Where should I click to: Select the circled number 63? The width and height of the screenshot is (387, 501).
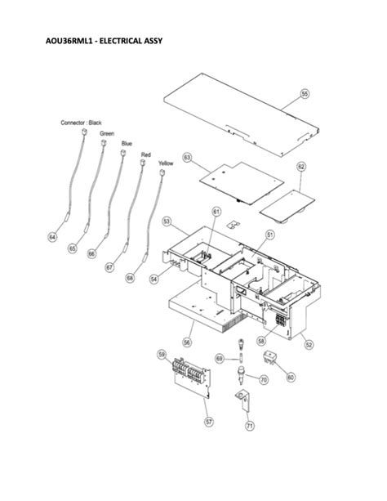tap(186, 156)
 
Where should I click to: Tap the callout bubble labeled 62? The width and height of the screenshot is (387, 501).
tap(301, 166)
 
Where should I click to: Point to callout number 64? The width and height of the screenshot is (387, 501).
tap(52, 237)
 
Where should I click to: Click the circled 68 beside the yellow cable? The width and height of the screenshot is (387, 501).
tap(130, 278)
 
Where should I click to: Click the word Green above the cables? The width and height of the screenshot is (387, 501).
tap(107, 132)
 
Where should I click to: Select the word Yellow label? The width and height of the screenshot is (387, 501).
tap(166, 163)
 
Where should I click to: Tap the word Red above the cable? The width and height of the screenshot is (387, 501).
tap(145, 154)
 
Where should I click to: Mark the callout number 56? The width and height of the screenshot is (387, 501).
tap(187, 342)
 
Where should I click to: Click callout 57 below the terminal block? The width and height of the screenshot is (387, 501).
tap(207, 421)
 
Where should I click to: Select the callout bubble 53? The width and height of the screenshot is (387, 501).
tap(166, 221)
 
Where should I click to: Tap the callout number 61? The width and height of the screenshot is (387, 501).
tap(216, 212)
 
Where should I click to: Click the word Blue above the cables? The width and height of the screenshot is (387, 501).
tap(127, 143)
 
